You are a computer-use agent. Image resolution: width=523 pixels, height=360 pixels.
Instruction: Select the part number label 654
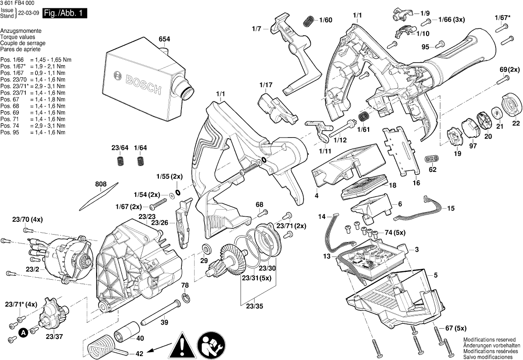tap(164, 39)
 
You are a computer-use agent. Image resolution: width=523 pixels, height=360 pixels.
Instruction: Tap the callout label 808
tap(101, 185)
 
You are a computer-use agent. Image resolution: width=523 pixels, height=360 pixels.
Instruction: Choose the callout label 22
tap(516, 124)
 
